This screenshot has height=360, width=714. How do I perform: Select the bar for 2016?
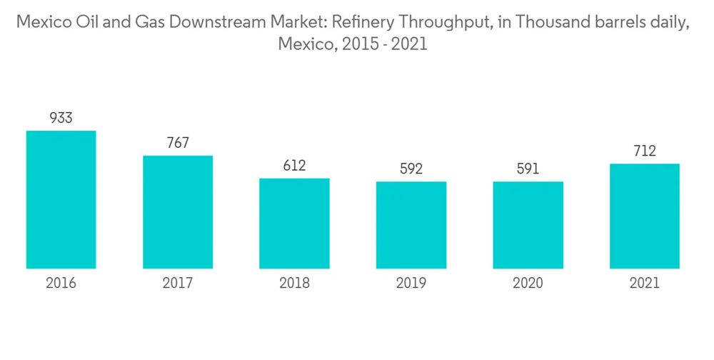click(61, 200)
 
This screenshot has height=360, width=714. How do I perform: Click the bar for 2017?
click(178, 212)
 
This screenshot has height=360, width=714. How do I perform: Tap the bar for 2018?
click(294, 224)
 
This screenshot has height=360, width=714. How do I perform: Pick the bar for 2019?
click(411, 225)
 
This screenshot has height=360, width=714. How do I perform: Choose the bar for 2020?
click(528, 225)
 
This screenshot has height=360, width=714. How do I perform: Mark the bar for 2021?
click(645, 216)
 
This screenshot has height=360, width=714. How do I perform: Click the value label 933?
click(61, 118)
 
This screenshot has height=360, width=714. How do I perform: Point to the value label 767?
click(178, 143)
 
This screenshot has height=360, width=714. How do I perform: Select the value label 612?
click(294, 166)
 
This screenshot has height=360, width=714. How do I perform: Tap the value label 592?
click(411, 169)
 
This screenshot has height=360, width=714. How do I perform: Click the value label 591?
click(528, 169)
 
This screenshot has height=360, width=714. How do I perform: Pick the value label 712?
click(645, 151)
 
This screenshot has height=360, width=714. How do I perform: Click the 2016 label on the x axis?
click(61, 284)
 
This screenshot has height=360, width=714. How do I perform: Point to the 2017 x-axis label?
click(178, 284)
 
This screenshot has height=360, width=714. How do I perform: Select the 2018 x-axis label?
click(294, 284)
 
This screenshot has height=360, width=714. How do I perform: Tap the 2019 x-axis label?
click(411, 284)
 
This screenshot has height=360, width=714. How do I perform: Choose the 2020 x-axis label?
click(528, 284)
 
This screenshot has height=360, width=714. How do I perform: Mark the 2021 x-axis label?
click(645, 284)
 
